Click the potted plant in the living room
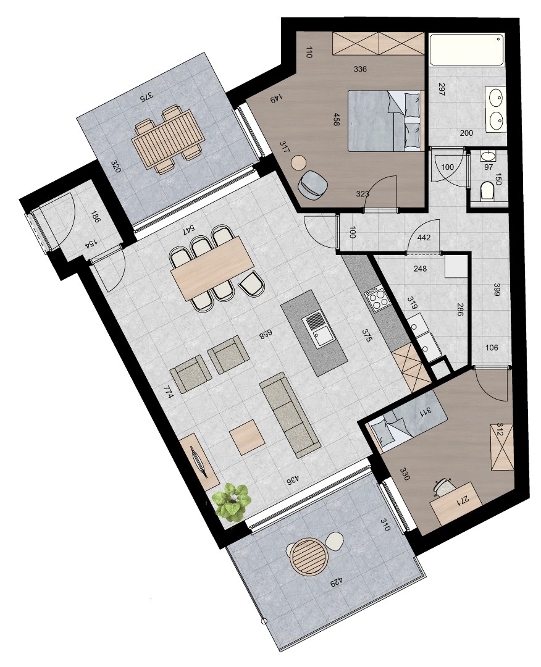tap(232, 501)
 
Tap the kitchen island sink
tap(318, 330)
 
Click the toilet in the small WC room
tap(487, 191)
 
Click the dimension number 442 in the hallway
tap(424, 237)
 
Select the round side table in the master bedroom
tap(299, 162)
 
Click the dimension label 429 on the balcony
tap(337, 581)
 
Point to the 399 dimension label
tap(496, 290)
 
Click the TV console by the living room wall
tap(200, 460)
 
